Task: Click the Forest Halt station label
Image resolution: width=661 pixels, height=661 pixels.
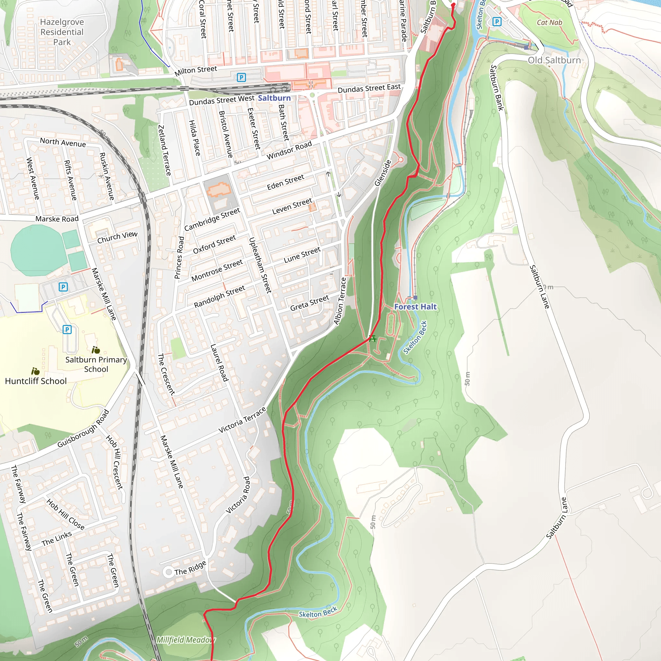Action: (415, 307)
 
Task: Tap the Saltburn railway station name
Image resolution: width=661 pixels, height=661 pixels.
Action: (274, 98)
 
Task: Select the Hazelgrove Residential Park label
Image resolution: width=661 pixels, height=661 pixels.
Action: (62, 32)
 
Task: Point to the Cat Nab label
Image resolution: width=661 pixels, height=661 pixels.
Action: (549, 23)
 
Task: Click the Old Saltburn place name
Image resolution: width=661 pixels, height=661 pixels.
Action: (554, 60)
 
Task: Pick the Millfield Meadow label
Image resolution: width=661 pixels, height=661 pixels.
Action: (186, 640)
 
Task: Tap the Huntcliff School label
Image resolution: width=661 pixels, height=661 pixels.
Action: (36, 381)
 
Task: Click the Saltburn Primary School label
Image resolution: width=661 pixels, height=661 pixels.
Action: (96, 364)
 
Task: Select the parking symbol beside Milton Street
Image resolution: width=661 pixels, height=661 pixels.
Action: (241, 77)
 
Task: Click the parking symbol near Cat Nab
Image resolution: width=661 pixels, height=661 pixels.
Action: (497, 22)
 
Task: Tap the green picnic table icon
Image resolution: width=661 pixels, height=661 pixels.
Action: (373, 338)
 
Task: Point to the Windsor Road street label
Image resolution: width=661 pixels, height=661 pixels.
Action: (289, 150)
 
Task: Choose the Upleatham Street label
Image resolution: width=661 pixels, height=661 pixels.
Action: (260, 265)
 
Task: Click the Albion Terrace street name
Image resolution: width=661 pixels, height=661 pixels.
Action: (340, 301)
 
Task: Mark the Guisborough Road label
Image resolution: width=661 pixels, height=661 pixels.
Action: (83, 428)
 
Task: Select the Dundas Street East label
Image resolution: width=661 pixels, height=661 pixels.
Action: (369, 88)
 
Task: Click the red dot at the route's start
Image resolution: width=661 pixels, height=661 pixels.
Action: (453, 5)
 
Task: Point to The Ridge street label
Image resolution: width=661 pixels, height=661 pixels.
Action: (190, 568)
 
